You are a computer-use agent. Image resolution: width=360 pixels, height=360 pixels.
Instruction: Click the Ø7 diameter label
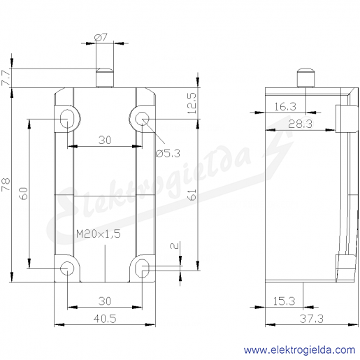click(101, 37)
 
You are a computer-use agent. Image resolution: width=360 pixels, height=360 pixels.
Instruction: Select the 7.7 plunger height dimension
click(6, 77)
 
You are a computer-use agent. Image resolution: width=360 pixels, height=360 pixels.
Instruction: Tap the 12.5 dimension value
click(192, 103)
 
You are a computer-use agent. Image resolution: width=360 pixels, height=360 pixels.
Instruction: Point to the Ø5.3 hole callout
click(168, 153)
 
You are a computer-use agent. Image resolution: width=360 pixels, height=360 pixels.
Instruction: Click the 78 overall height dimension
click(6, 185)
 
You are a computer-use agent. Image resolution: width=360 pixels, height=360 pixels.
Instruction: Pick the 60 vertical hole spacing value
click(24, 194)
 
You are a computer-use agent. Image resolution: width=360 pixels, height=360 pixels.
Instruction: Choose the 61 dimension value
click(192, 195)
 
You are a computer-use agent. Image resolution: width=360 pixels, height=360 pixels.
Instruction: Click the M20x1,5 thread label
click(99, 233)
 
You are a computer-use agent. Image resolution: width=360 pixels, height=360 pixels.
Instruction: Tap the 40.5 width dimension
click(105, 319)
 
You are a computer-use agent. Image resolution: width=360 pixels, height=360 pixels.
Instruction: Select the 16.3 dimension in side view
click(285, 107)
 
